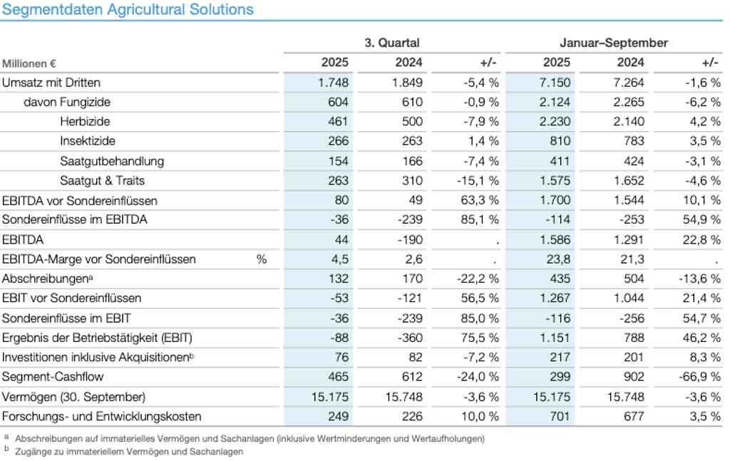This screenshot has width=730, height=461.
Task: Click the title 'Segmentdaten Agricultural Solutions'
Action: click(x=128, y=9)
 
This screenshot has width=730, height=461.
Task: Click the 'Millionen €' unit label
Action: click(x=29, y=63)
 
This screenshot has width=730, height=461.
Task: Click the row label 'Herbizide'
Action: click(x=85, y=121)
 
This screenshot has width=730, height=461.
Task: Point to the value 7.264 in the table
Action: click(x=629, y=82)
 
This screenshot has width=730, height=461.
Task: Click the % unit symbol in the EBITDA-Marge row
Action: click(x=262, y=259)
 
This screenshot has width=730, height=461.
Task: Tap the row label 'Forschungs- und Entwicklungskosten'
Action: click(x=102, y=415)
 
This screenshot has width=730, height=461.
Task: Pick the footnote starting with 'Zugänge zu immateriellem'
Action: click(x=129, y=451)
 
